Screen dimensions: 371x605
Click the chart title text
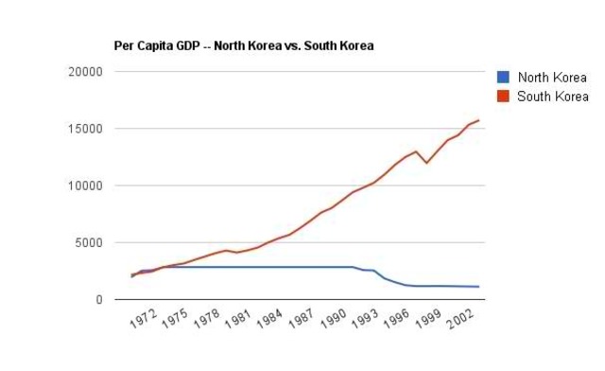point(245,45)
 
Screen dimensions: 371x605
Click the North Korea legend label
point(553,78)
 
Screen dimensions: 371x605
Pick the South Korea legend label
point(553,96)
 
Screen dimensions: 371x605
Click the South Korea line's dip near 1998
point(426,163)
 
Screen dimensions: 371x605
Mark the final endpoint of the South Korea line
point(479,120)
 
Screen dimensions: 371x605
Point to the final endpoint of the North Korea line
point(479,287)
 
